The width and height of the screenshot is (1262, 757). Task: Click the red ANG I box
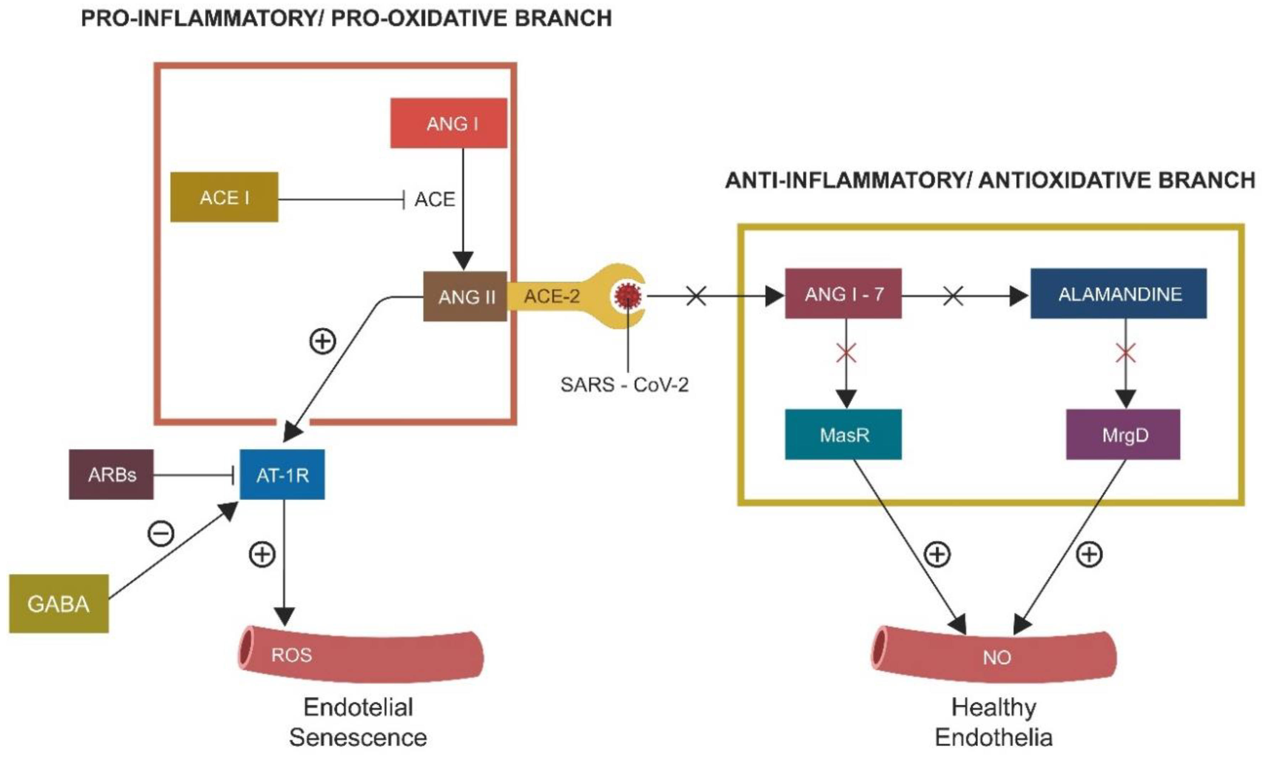pos(448,123)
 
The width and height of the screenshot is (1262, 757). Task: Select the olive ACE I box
pos(224,197)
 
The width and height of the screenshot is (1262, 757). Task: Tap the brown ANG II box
pos(465,296)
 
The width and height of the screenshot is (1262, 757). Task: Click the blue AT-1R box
pos(282,474)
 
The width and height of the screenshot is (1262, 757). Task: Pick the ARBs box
pos(111,474)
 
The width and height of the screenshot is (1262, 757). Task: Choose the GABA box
pos(59,604)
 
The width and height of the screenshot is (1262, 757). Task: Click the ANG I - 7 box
pos(843,293)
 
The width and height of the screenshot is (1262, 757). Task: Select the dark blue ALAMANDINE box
pos(1119,293)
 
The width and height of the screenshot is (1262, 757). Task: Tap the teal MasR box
pos(843,434)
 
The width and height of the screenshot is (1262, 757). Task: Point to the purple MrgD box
pos(1123,434)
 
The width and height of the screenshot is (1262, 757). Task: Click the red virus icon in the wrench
pos(628,295)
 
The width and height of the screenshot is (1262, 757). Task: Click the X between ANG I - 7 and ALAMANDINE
pos(953,295)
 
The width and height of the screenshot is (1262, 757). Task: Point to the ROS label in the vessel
pos(291,655)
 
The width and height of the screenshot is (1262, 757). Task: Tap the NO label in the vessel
pos(997,657)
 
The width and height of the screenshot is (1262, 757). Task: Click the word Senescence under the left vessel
pos(358,737)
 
